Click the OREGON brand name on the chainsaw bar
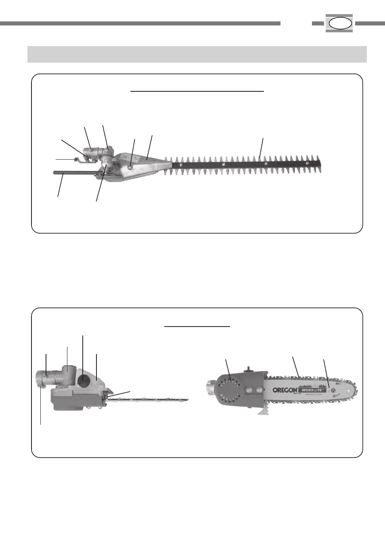coord(285,390)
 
